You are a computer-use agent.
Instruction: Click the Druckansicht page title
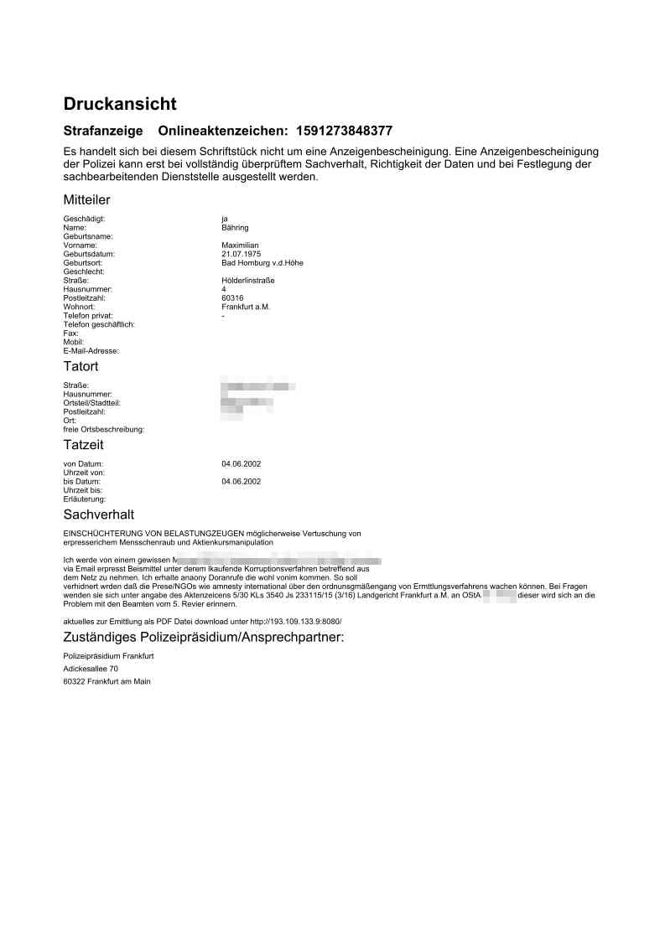pyautogui.click(x=120, y=104)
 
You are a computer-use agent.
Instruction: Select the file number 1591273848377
pyautogui.click(x=344, y=131)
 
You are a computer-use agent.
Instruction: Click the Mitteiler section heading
pyautogui.click(x=86, y=199)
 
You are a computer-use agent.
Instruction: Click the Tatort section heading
pyautogui.click(x=81, y=366)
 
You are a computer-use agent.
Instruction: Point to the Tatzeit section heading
pyautogui.click(x=83, y=445)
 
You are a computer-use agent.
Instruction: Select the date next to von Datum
pyautogui.click(x=241, y=463)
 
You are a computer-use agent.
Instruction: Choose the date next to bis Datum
pyautogui.click(x=241, y=482)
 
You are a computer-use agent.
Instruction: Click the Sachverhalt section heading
pyautogui.click(x=98, y=514)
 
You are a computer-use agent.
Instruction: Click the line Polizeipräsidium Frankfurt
pyautogui.click(x=108, y=656)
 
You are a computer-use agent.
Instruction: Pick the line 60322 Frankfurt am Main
pyautogui.click(x=107, y=682)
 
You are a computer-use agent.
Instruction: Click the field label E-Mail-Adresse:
pyautogui.click(x=91, y=350)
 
